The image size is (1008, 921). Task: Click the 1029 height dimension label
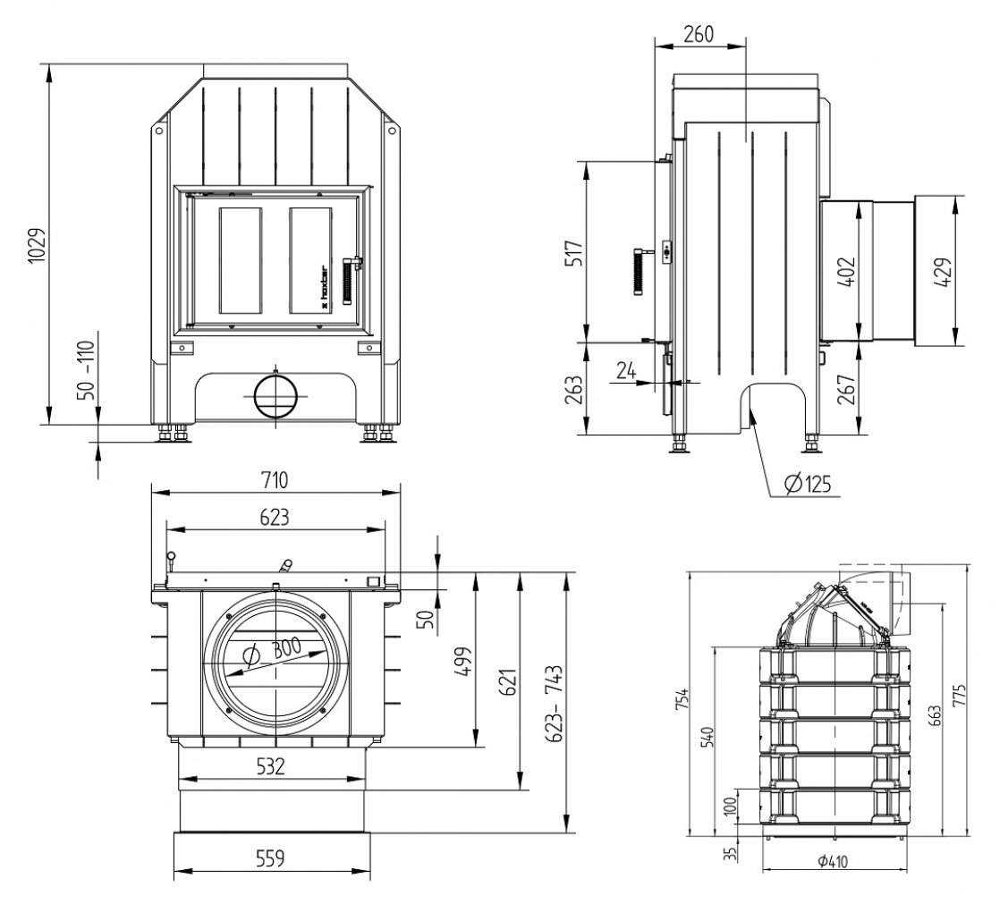[37, 244]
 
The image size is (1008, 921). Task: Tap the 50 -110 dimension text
[86, 370]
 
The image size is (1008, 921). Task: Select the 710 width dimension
[275, 479]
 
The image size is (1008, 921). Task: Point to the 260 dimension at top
[699, 34]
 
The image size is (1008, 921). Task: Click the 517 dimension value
[574, 254]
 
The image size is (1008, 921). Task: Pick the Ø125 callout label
[809, 483]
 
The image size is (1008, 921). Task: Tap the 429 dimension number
[945, 272]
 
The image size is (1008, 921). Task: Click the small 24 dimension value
[626, 370]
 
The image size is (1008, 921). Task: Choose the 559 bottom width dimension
[270, 858]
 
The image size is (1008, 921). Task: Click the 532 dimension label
[270, 766]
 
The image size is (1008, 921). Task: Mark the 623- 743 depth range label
[555, 703]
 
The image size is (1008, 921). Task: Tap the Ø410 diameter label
[834, 860]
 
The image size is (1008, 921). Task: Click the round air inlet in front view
[275, 396]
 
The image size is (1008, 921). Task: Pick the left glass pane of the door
[241, 260]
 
